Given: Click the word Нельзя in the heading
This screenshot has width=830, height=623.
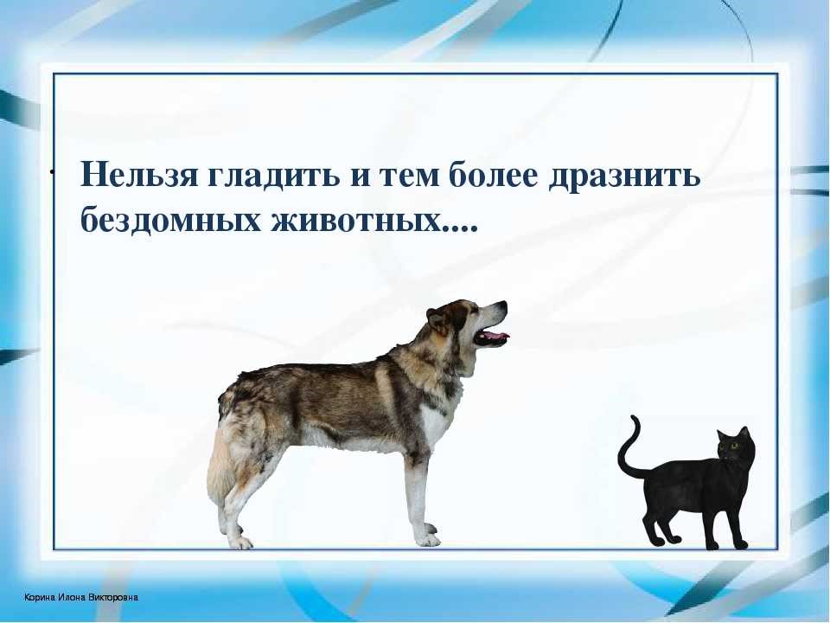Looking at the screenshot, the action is [x=138, y=173].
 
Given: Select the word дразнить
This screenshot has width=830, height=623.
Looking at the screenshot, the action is [x=624, y=174].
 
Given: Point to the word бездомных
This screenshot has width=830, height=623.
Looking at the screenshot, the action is [x=170, y=217].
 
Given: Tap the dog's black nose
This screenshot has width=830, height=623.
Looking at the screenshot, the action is [x=503, y=305].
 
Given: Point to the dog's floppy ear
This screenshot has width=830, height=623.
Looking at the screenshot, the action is [x=438, y=321].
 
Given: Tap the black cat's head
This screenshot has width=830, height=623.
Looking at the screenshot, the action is [x=737, y=446].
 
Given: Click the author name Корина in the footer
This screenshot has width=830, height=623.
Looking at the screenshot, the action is [x=40, y=598].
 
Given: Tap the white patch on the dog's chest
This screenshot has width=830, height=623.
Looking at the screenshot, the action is [x=435, y=424].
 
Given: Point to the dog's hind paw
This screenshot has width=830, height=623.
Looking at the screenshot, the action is [x=239, y=542].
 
